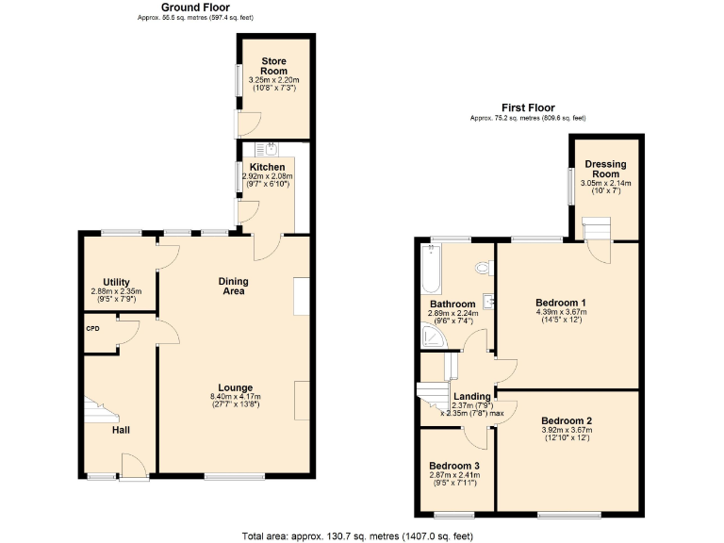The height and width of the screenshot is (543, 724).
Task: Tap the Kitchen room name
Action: pyautogui.click(x=267, y=167)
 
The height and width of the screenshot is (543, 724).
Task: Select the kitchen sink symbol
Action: pyautogui.click(x=270, y=148)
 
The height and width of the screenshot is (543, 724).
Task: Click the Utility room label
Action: pyautogui.click(x=116, y=282)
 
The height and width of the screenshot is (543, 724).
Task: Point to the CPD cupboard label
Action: pyautogui.click(x=92, y=328)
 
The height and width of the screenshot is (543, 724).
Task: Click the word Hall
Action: pyautogui.click(x=121, y=430)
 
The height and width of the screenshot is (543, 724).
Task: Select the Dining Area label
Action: pyautogui.click(x=233, y=286)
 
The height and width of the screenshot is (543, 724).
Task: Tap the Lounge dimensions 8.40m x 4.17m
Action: pyautogui.click(x=234, y=396)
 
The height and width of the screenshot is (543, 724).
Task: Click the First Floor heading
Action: pyautogui.click(x=527, y=108)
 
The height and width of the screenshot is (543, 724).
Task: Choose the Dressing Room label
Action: pyautogui.click(x=604, y=169)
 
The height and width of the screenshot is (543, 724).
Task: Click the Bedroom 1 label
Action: pyautogui.click(x=561, y=303)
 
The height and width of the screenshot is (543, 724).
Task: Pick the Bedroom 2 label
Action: pyautogui.click(x=567, y=420)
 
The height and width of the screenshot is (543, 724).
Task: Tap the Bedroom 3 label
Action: pyautogui.click(x=453, y=466)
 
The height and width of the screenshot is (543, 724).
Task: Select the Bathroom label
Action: pyautogui.click(x=452, y=304)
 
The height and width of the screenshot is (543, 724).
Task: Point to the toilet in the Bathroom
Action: pyautogui.click(x=485, y=268)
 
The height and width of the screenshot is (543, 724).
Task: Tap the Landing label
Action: pyautogui.click(x=471, y=396)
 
